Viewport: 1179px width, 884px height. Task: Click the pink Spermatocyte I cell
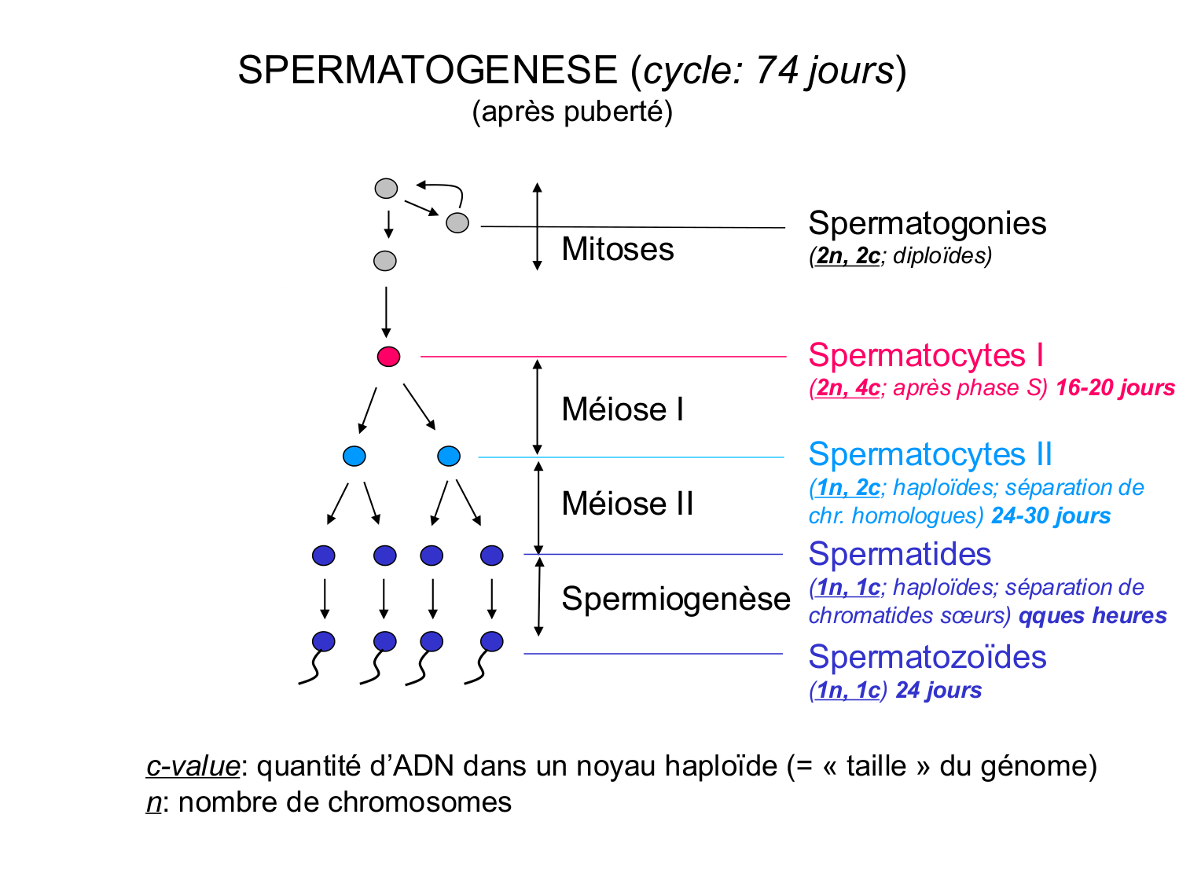coord(388,357)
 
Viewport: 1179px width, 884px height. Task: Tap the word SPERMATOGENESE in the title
coord(428,71)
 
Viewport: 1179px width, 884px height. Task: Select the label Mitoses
coord(617,249)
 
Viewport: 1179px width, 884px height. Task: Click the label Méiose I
coord(623,409)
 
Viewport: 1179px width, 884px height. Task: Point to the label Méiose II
coord(627,504)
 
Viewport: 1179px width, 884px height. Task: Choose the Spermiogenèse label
coord(675,599)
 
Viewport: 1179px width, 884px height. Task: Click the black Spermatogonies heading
coord(927,223)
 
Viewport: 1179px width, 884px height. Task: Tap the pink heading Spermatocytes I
coord(925,355)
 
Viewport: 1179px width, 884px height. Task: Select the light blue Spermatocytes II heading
coord(930,454)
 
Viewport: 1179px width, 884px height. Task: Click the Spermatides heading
coord(899,554)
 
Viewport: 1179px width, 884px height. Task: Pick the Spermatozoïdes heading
coord(927,657)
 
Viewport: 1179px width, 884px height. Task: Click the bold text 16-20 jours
coord(1115,387)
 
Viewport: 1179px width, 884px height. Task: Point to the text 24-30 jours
coord(1050,515)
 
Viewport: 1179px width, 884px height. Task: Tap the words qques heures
coord(1092,615)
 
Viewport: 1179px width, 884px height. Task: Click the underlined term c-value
coord(193,765)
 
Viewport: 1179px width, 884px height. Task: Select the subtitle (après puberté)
coord(572,112)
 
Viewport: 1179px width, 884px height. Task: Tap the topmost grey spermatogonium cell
coord(386,189)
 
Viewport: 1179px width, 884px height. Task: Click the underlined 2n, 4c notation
coord(847,387)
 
